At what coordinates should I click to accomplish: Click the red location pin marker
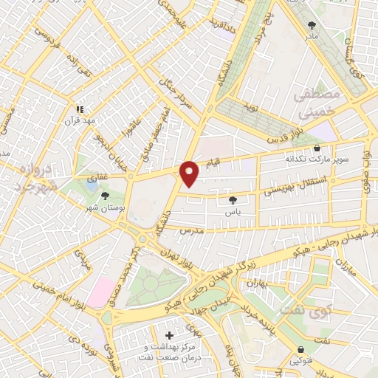pos(190,173)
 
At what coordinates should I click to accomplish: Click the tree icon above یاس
pos(233,199)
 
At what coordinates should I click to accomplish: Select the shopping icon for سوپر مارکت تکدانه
pos(317,148)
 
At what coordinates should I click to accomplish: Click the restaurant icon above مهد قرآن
pos(80,109)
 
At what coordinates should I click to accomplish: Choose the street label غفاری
pos(78,177)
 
